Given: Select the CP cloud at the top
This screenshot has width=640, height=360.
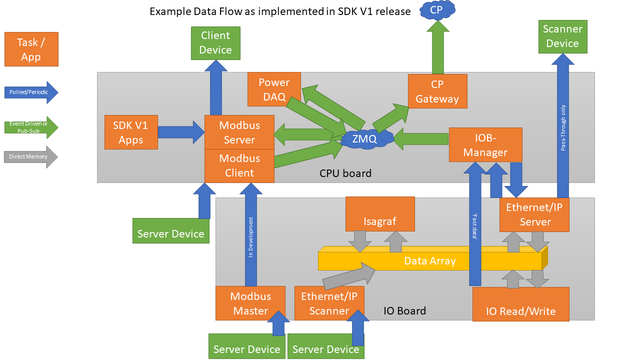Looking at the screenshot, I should [436, 10].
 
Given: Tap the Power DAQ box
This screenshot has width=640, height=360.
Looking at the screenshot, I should [274, 89].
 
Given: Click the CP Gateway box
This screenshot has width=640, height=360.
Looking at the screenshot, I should [437, 91].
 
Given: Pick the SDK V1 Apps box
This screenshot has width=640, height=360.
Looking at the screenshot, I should [131, 132].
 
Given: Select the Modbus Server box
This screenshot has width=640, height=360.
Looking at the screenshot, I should [239, 132].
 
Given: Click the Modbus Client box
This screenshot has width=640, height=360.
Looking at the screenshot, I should [239, 165].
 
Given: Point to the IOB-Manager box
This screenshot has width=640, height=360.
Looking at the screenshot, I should [485, 144].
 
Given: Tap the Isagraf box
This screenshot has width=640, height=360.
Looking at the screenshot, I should [380, 214].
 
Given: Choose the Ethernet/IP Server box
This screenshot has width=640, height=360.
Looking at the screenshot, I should [535, 214].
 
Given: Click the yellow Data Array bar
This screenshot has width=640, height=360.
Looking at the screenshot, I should [430, 260].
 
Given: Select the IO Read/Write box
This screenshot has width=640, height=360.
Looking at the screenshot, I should [520, 304].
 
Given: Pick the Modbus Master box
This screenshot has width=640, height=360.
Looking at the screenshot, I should [250, 303].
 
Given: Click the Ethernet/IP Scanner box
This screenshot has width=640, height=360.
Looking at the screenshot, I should [329, 303].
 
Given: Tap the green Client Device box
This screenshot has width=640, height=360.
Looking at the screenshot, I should [215, 42].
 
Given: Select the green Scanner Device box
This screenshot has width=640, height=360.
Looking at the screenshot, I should [562, 36].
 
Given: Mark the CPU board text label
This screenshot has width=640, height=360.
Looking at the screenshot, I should [345, 173].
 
